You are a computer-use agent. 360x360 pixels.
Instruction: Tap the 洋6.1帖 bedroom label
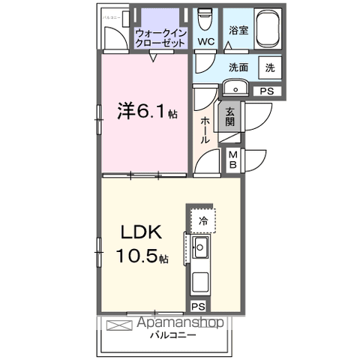tap(146, 112)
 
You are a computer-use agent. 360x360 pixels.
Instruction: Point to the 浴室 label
tap(238, 31)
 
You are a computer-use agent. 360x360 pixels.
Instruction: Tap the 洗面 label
tap(238, 67)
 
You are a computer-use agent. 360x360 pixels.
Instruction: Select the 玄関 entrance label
tap(229, 116)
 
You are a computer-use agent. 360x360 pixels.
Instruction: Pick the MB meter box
tap(232, 158)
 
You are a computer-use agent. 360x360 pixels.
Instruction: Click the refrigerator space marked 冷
tap(202, 220)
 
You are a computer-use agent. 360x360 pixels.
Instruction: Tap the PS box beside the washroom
tap(266, 91)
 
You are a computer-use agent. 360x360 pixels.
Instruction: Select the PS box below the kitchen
tap(197, 306)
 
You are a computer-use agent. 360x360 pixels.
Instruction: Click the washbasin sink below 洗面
tap(235, 89)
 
